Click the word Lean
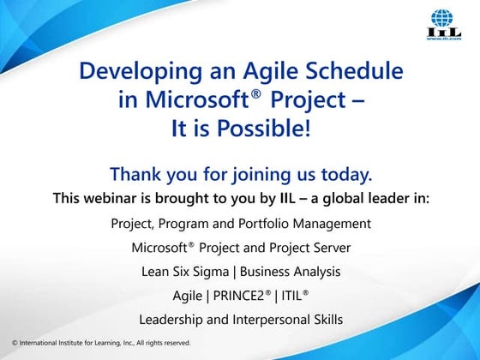tap(155, 272)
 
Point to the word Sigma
tap(211, 272)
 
